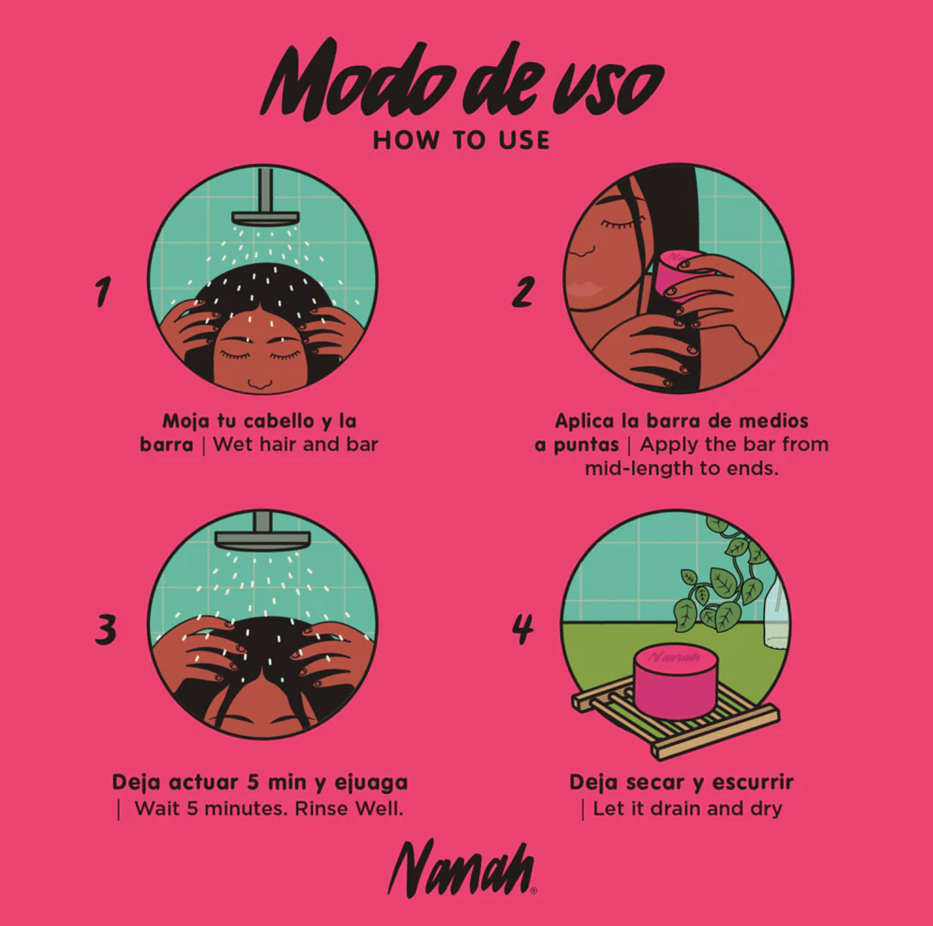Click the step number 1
point(103,292)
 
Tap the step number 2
point(524,291)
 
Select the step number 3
point(105,629)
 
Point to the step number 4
point(523,629)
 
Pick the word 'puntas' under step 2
point(586,445)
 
